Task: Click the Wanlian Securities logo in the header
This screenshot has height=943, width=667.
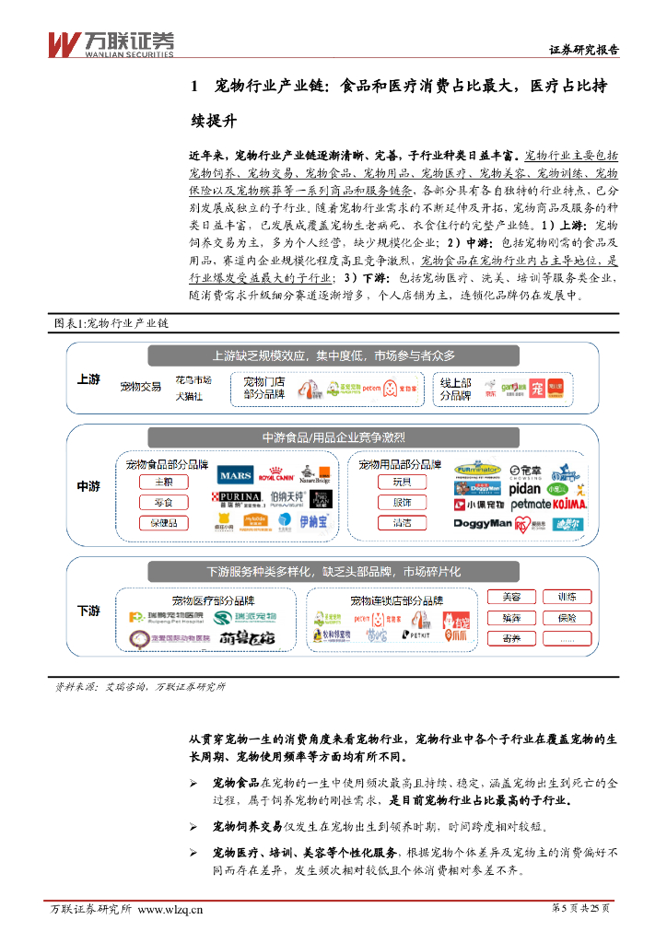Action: pos(111,42)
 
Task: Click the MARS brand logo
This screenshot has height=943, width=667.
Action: pos(234,476)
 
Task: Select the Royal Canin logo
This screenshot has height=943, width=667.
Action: pos(275,476)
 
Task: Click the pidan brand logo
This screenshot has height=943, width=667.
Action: pos(522,487)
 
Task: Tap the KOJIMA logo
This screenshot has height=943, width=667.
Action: pos(569,505)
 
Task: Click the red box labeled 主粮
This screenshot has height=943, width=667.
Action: pos(163,482)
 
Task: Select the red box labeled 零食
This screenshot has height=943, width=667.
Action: pos(163,503)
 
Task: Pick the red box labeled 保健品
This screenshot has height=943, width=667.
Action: pos(163,523)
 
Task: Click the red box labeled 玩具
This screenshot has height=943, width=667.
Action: pos(402,482)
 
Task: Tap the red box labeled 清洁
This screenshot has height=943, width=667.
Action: pos(402,523)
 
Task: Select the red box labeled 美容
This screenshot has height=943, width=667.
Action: pos(511,597)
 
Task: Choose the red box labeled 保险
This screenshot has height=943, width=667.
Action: pos(567,618)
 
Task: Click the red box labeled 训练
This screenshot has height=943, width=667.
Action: pos(567,597)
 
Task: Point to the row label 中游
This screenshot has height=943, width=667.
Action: pos(88,486)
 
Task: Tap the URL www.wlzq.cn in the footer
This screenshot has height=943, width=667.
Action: pos(170,910)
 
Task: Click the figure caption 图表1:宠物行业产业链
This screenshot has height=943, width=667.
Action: pos(111,324)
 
